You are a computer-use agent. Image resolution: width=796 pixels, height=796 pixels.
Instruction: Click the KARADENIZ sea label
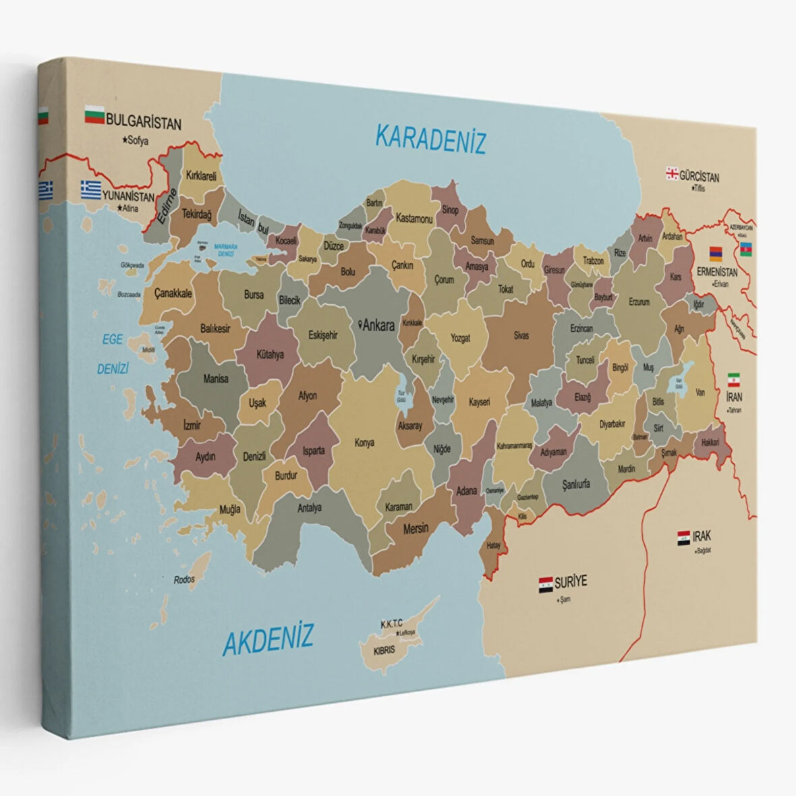point(430,139)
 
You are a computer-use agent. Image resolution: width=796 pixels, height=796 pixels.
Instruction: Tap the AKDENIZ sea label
point(268,637)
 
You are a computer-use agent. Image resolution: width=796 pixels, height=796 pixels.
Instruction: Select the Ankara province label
point(378,326)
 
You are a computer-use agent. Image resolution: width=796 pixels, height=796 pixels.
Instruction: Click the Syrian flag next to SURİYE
point(546,584)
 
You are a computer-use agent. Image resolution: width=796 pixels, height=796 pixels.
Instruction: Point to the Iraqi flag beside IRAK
point(683,538)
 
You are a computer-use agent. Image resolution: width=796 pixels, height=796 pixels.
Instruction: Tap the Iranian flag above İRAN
point(734,379)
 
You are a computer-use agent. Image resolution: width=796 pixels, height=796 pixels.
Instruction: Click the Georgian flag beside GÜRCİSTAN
point(672,173)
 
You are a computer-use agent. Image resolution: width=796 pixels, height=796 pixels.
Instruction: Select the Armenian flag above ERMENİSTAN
point(715,254)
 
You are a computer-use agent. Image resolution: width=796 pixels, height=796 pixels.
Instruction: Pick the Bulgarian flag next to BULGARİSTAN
point(94,115)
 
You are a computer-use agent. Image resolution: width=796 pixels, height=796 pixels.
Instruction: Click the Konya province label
point(364,443)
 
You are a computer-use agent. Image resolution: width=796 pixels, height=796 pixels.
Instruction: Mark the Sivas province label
point(521,335)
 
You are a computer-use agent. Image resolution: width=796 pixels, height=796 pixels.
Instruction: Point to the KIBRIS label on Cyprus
point(384,651)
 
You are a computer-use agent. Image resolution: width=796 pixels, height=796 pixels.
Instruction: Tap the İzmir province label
point(192,426)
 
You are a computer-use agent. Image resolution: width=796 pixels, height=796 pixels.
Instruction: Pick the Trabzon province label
point(593,260)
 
